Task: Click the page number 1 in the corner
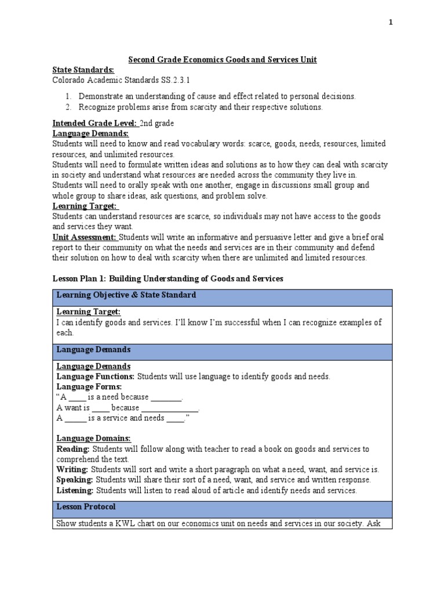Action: tap(391, 22)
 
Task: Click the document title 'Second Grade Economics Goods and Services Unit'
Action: tap(222, 60)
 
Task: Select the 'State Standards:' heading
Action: tap(83, 70)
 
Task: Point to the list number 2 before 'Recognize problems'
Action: tap(67, 107)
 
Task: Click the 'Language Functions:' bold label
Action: tap(96, 376)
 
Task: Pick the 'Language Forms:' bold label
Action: tap(89, 386)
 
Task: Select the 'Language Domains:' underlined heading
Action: tap(93, 438)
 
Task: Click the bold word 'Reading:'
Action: tap(73, 449)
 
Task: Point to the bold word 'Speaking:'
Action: tap(75, 480)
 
